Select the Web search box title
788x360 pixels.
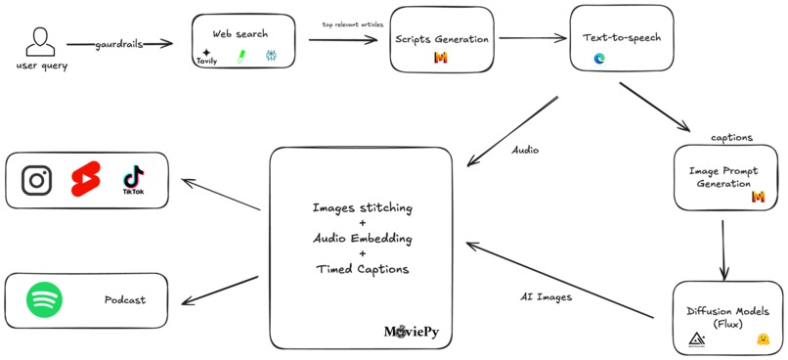(x=240, y=34)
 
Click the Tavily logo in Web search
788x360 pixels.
(x=206, y=57)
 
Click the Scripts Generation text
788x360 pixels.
(x=442, y=39)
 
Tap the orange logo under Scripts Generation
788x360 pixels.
(x=441, y=59)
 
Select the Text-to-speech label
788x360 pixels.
(x=622, y=38)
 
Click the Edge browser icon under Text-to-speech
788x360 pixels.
(x=599, y=59)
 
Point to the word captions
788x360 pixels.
(x=731, y=137)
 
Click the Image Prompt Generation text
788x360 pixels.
(x=724, y=177)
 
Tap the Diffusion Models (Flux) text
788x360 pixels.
(x=726, y=317)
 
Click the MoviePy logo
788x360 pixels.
(x=411, y=333)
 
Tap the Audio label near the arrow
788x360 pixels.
(x=525, y=151)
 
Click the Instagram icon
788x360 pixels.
(x=37, y=180)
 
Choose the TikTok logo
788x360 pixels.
(x=133, y=180)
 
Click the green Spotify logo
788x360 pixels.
(x=44, y=299)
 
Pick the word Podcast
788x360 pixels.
(x=125, y=299)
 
